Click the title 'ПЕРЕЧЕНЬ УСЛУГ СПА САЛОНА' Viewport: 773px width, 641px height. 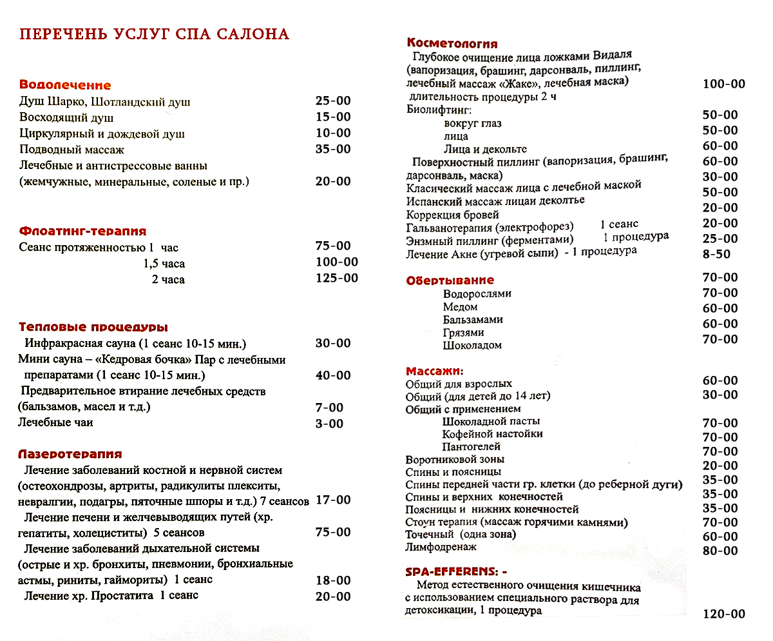(x=154, y=34)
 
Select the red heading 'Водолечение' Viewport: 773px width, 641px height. (x=65, y=85)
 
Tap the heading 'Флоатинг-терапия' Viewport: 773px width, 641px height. (x=82, y=231)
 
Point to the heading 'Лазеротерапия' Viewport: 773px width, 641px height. (x=70, y=454)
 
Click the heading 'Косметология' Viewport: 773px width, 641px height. (x=452, y=43)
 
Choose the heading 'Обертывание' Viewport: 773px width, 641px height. (x=450, y=280)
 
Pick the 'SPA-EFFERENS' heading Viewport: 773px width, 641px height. (x=456, y=571)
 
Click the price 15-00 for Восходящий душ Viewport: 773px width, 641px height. (x=333, y=117)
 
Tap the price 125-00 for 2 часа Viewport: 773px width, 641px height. (x=337, y=278)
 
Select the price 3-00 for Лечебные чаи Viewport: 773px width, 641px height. (x=329, y=424)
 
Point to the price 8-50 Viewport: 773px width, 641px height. (x=716, y=254)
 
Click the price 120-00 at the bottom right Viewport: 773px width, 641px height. (x=723, y=613)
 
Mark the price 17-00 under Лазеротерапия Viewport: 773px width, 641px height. (x=333, y=500)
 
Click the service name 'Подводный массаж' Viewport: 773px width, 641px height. (x=72, y=150)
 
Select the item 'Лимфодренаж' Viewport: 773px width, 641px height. (x=441, y=547)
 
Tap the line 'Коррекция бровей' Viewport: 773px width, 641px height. (x=452, y=215)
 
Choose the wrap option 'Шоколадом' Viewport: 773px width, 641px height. (x=472, y=346)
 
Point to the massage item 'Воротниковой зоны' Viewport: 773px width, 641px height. (x=455, y=460)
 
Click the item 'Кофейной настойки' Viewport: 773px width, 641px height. (x=492, y=434)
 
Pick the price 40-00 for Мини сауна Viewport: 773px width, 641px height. (x=333, y=375)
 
